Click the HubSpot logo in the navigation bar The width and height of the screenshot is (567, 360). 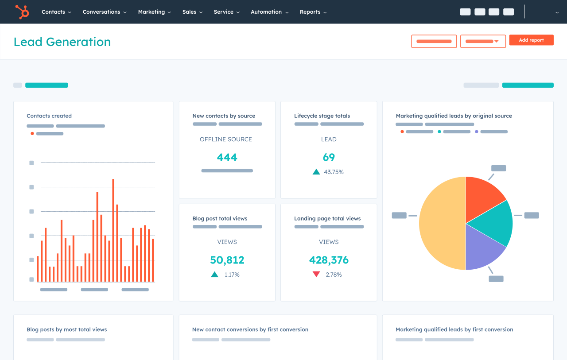(22, 12)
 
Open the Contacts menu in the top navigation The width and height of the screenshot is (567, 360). (56, 12)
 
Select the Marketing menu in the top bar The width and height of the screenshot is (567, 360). (154, 12)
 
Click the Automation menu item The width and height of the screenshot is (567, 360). (269, 12)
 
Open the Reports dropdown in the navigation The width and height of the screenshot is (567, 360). (313, 12)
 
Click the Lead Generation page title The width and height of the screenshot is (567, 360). (62, 42)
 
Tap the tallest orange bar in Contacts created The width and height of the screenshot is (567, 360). (113, 230)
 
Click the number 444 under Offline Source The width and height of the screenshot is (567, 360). (227, 157)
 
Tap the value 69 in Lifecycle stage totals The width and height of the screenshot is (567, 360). (329, 157)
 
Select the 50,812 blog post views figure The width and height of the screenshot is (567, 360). (227, 260)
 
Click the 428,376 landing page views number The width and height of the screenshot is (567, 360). (329, 260)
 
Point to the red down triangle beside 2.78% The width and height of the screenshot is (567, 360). (316, 275)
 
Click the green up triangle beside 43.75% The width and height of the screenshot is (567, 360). (316, 172)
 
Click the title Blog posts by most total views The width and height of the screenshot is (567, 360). (67, 329)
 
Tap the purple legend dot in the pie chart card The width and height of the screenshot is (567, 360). (477, 132)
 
